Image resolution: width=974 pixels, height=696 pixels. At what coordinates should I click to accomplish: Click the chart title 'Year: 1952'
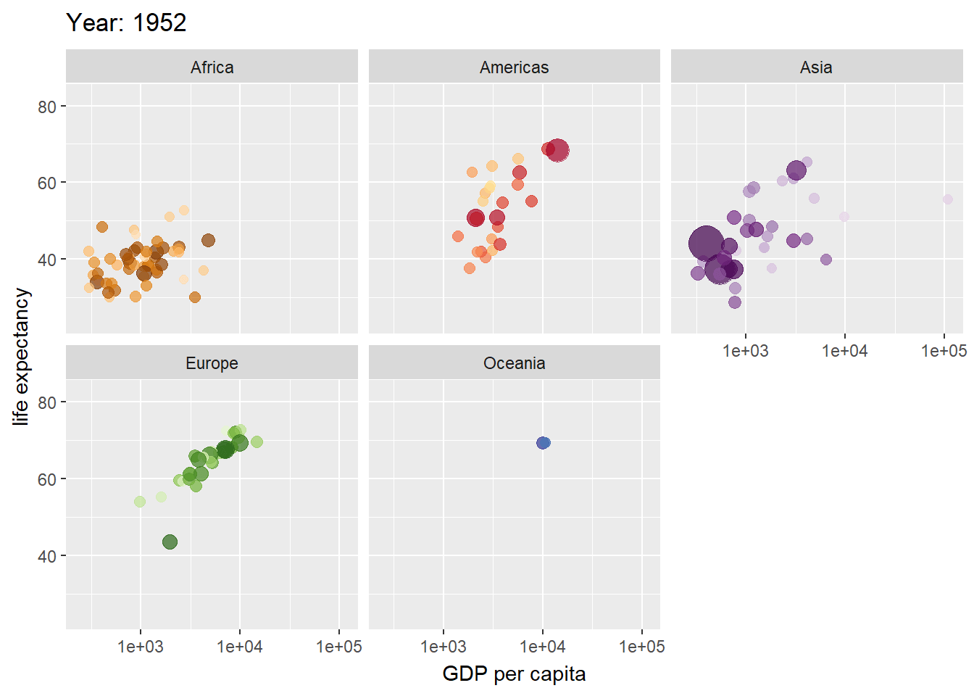coord(126,23)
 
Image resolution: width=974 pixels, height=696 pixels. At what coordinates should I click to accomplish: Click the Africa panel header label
coord(212,67)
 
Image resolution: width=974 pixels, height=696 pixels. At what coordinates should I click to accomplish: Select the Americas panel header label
coord(514,67)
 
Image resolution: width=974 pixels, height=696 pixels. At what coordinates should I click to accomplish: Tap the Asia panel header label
coord(816,67)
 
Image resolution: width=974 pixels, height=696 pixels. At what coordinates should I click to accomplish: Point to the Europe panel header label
coord(212,363)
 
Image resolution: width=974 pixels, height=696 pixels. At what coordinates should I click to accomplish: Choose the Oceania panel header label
coord(514,363)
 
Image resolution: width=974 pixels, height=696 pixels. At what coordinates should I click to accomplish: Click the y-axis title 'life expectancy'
coord(21,356)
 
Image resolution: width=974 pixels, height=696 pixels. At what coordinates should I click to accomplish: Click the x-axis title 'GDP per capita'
coord(514,674)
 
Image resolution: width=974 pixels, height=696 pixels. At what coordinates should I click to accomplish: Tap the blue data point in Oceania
coord(544,443)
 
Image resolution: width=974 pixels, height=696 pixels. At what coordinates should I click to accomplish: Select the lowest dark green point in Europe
coord(170,542)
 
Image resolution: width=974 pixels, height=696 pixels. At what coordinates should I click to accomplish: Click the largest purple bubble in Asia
coord(706,243)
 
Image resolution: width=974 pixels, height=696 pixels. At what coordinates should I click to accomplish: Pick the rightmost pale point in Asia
coord(948,199)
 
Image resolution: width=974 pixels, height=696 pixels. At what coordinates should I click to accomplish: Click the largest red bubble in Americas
coord(557,151)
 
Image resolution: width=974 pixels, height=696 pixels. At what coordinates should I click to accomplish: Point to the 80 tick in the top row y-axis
coord(47,107)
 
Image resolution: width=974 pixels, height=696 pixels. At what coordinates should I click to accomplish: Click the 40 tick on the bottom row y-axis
coord(47,556)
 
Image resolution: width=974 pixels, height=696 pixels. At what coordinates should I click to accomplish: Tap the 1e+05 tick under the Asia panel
coord(943,351)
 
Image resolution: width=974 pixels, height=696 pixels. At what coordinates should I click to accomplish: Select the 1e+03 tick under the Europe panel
coord(141,647)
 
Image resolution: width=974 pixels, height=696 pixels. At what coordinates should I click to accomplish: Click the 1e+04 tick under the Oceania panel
coord(542,647)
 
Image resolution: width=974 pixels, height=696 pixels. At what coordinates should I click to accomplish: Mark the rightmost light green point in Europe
coord(257,442)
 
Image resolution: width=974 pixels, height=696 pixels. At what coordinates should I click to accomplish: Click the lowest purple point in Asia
coord(735,302)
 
